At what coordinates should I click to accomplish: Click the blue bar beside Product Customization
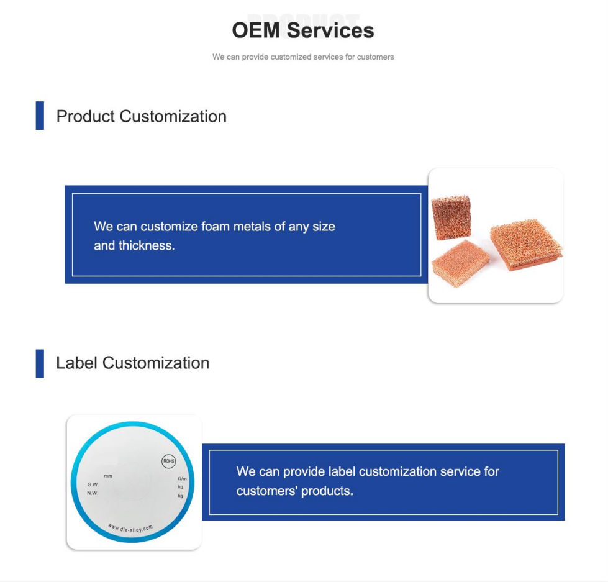click(x=40, y=116)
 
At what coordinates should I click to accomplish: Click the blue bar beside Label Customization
click(x=40, y=363)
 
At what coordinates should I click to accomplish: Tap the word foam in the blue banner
click(x=216, y=227)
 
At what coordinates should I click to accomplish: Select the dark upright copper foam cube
click(x=451, y=217)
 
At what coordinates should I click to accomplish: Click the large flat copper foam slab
click(x=525, y=244)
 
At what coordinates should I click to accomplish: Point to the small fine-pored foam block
click(x=460, y=262)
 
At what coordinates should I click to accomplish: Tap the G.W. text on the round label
click(x=93, y=484)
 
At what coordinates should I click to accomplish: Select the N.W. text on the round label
click(x=93, y=493)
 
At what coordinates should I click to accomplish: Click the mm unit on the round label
click(x=108, y=476)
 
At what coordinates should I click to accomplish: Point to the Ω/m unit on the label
click(x=181, y=478)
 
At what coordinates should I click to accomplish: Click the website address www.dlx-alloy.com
click(x=130, y=528)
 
